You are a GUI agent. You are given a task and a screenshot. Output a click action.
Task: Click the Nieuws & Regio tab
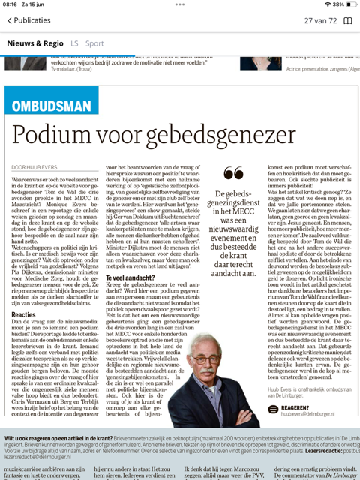35,43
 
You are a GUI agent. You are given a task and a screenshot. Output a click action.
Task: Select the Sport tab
94,43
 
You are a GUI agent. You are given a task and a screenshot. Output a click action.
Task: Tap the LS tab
74,43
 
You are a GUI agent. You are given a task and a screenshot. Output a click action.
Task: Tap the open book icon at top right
347,21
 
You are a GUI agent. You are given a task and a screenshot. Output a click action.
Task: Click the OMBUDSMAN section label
52,102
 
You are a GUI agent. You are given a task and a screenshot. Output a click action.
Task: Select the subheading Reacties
23,315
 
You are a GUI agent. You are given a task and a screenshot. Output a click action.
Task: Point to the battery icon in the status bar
347,4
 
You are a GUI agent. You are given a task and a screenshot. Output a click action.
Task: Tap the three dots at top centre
180,4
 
